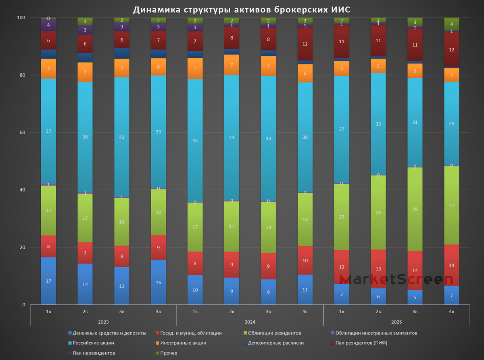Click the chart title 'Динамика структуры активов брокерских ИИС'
[242, 9]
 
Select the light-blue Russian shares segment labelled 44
[232, 137]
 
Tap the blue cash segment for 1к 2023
[48, 281]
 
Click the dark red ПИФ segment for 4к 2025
[452, 50]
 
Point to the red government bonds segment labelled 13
[378, 269]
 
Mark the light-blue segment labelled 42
[122, 137]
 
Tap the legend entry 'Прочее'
[168, 353]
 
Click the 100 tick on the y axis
[21, 18]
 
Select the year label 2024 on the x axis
[250, 322]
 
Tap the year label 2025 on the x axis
[396, 322]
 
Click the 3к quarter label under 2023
[122, 312]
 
